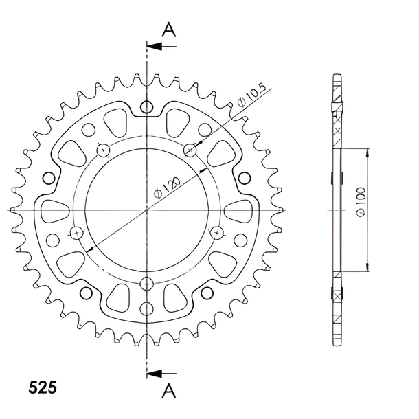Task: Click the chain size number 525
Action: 43,387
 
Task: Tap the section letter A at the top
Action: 169,30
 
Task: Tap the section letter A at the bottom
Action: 169,390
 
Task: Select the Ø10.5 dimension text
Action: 251,95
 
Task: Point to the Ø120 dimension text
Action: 168,188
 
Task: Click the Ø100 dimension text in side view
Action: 361,201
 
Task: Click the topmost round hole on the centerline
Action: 146,107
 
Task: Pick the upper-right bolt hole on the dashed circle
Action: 190,150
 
